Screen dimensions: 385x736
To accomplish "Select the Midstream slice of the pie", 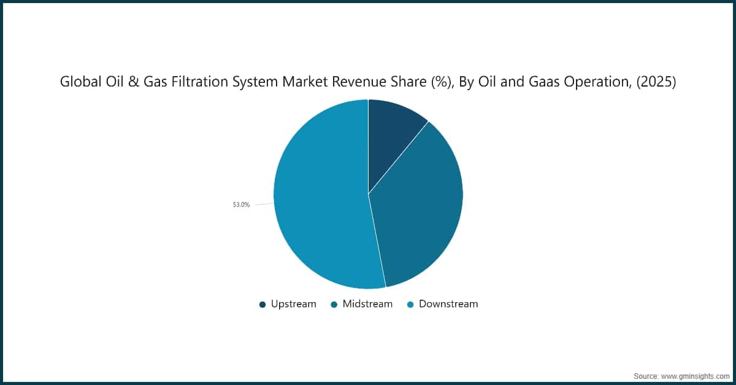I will (423, 209).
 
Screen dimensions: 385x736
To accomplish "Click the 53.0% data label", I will (241, 205).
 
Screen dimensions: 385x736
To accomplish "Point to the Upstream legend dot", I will (263, 304).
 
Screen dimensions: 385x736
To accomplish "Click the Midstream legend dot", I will (334, 304).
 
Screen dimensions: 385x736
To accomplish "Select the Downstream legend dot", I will (410, 304).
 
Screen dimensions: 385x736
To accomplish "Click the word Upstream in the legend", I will (294, 304).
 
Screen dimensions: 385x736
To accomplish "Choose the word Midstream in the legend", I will (367, 304).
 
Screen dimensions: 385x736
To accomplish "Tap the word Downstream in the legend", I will (448, 304).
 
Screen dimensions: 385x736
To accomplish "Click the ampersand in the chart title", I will (130, 82).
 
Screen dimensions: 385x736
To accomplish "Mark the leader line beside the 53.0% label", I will (264, 204).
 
